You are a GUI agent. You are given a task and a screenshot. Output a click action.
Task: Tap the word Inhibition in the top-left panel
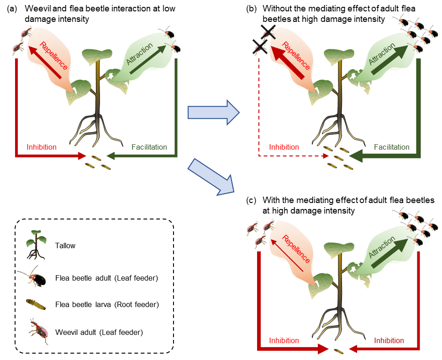point(42,147)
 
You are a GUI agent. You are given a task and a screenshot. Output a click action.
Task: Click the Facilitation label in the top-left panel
point(149,147)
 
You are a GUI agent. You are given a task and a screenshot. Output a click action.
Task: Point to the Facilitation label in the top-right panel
point(392,147)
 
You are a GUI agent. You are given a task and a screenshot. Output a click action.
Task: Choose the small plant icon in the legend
point(36,244)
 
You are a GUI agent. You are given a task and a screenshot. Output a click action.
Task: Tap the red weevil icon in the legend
point(39,330)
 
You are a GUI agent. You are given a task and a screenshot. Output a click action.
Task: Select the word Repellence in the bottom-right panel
point(296,249)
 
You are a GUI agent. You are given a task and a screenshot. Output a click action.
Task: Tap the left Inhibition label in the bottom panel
point(284,341)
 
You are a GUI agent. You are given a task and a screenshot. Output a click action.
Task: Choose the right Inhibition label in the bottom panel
point(389,341)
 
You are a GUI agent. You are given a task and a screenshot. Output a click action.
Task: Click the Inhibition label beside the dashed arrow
point(284,147)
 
